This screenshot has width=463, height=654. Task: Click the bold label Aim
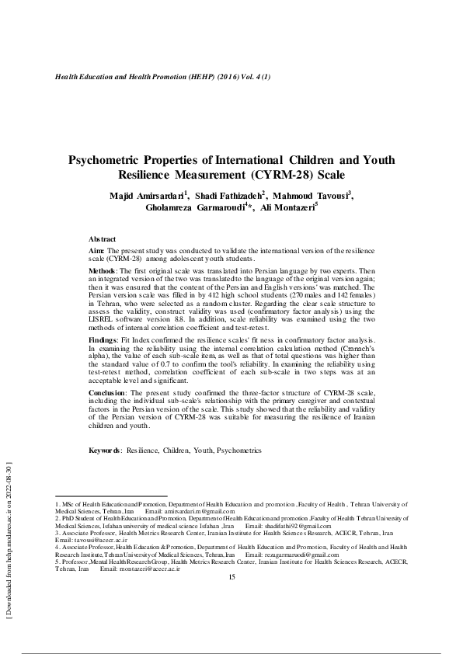tap(96, 251)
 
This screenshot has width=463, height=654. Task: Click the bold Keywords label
tap(106, 450)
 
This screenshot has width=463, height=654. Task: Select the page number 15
tap(231, 577)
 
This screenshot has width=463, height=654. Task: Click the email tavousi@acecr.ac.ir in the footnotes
tap(92, 542)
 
